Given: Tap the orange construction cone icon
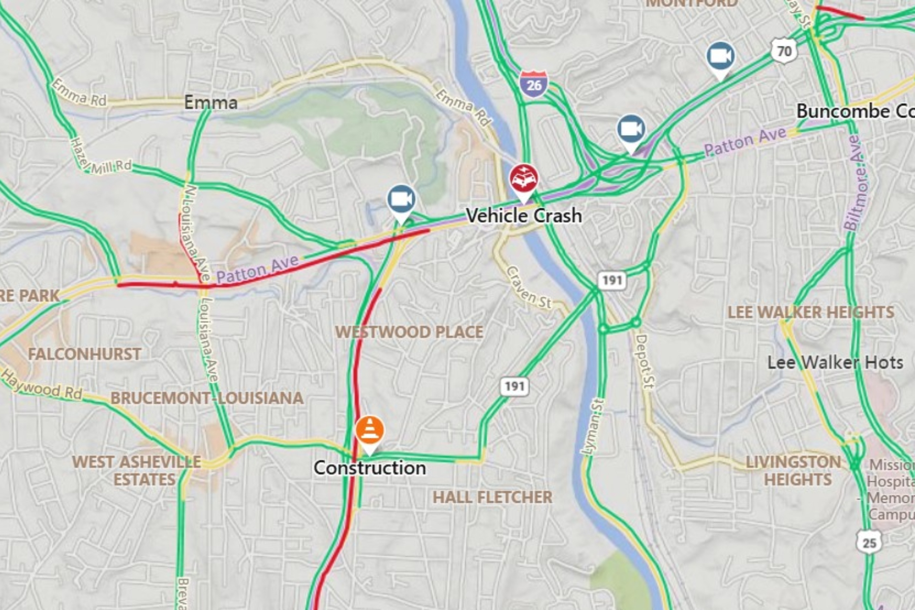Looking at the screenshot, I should pos(370,431).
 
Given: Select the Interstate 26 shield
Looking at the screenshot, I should pos(533,84).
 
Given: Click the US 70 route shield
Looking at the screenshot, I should pos(784,51).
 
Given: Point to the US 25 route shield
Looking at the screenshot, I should pos(869,542).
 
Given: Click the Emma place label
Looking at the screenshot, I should pos(210,103).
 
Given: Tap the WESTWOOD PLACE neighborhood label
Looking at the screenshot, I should pos(409,332).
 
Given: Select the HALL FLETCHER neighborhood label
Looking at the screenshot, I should pos(492,497).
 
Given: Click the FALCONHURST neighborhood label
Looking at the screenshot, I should pos(84,354).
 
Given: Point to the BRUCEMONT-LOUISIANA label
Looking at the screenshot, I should pos(207,398).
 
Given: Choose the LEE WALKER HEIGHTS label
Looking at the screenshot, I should pos(810,312).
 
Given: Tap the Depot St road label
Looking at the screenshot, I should pos(644,361).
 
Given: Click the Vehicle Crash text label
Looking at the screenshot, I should pos(524,216).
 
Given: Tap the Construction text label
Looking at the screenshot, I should pos(370,468).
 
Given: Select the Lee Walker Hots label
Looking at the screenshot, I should pos(835,362).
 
